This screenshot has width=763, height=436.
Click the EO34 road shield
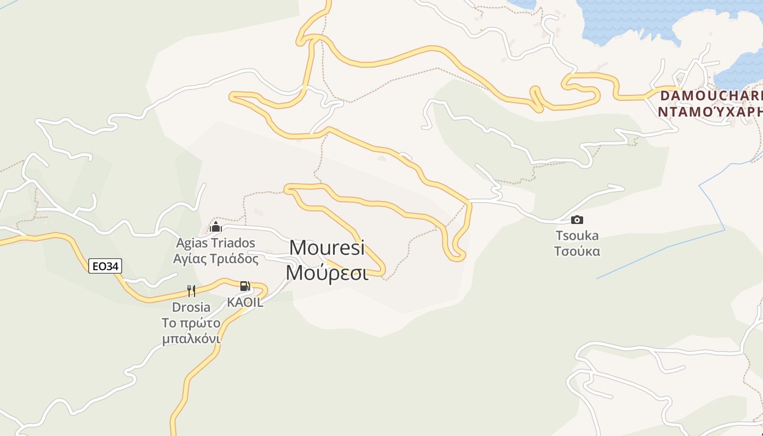pos(105,266)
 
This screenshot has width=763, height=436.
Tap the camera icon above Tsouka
pos(577,220)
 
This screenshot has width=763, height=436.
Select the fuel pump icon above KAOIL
pos(245,286)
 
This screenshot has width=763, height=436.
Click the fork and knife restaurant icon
pos(191,291)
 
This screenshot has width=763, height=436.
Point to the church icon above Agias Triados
pos(215,227)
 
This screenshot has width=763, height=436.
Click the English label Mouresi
pos(326,247)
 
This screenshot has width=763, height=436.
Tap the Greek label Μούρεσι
pos(327,272)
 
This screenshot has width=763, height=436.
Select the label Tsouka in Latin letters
pos(577,236)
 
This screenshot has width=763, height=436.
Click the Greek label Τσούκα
pos(577,251)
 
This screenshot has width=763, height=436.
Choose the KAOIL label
pos(245,302)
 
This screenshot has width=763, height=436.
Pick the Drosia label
pos(191,307)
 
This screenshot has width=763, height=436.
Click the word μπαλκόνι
pos(191,338)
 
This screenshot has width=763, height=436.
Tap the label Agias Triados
pos(215,243)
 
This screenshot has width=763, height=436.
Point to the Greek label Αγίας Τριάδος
pos(215,258)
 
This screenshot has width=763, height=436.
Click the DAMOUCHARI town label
pos(711,96)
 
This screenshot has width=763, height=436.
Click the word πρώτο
pos(200,323)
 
